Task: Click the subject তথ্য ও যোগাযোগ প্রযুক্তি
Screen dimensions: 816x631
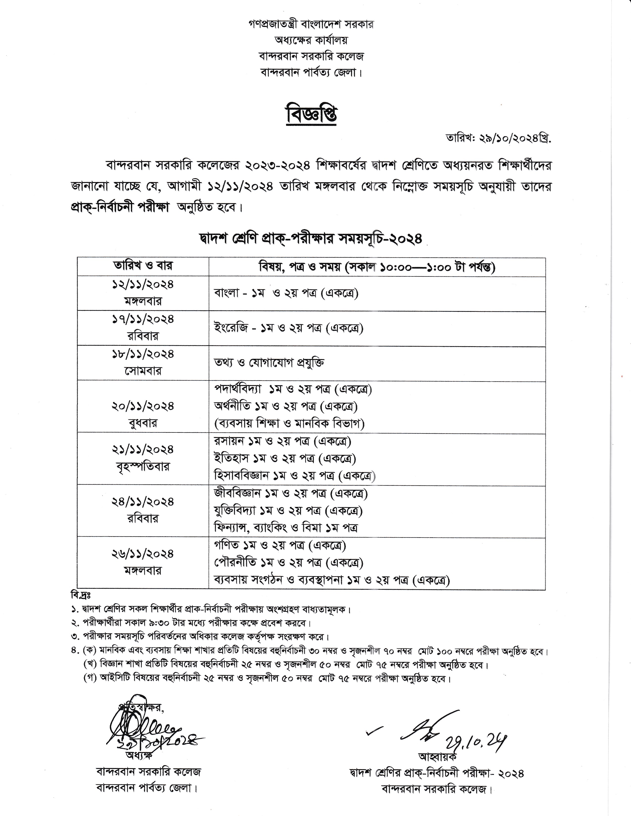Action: pos(269,363)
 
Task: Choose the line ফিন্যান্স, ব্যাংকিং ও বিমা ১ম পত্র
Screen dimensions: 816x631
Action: pos(286,528)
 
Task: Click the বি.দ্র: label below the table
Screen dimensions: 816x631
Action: pos(78,594)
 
